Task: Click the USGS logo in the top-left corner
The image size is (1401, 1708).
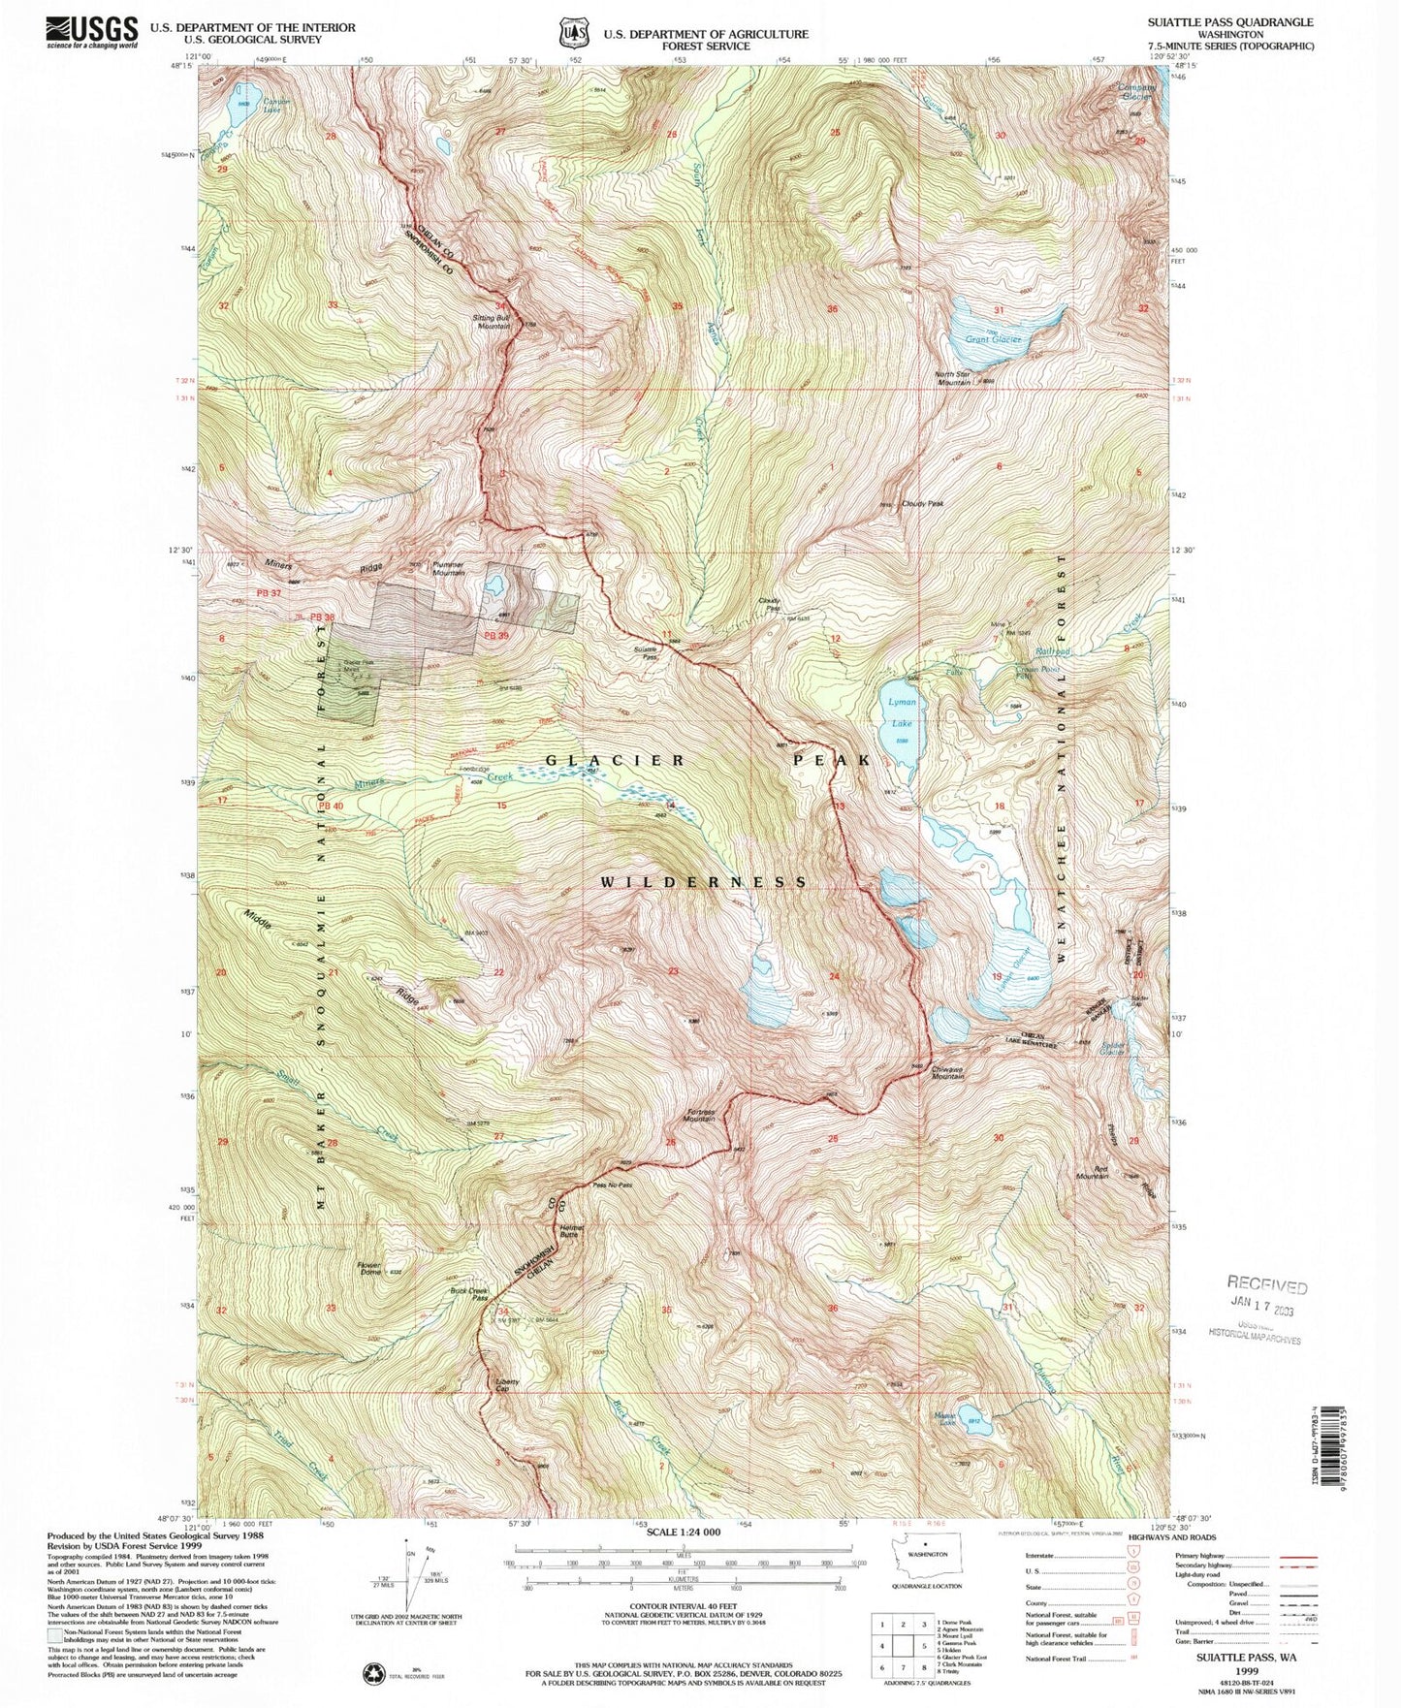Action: tap(92, 32)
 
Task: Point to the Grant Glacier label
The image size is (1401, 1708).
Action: tap(994, 340)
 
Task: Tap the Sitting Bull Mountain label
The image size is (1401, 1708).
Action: tap(492, 322)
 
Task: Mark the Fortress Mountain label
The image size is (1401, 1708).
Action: tap(700, 1116)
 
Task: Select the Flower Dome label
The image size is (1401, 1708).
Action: tap(369, 1269)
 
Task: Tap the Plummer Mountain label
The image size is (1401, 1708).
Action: tap(448, 569)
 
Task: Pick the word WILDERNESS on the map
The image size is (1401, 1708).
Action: tap(704, 882)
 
